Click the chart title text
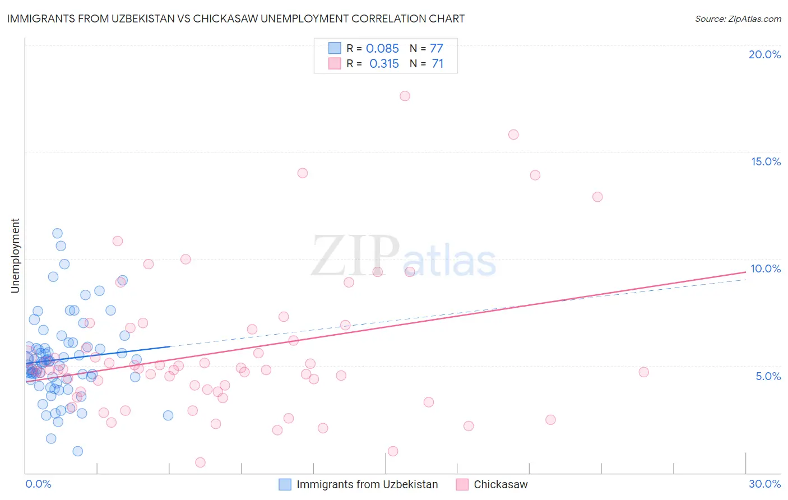pos(236,18)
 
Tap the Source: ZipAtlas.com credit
pos(738,18)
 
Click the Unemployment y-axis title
pos(15,256)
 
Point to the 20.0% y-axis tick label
pos(764,54)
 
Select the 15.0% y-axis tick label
pos(766,161)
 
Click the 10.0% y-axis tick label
pos(766,268)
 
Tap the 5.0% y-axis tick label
pos(768,376)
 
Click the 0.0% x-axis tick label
pos(38,484)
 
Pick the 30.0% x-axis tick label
pos(764,484)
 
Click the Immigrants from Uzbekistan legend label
pos(367,484)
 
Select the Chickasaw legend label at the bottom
pos(500,484)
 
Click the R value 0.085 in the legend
pos(382,49)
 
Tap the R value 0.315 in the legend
pos(384,64)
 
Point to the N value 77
pos(437,49)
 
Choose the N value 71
pos(437,64)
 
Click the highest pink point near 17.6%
pos(405,96)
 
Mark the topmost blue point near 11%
pos(57,233)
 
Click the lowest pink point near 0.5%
pos(200,462)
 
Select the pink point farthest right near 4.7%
pos(643,372)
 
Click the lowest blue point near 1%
pos(78,451)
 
